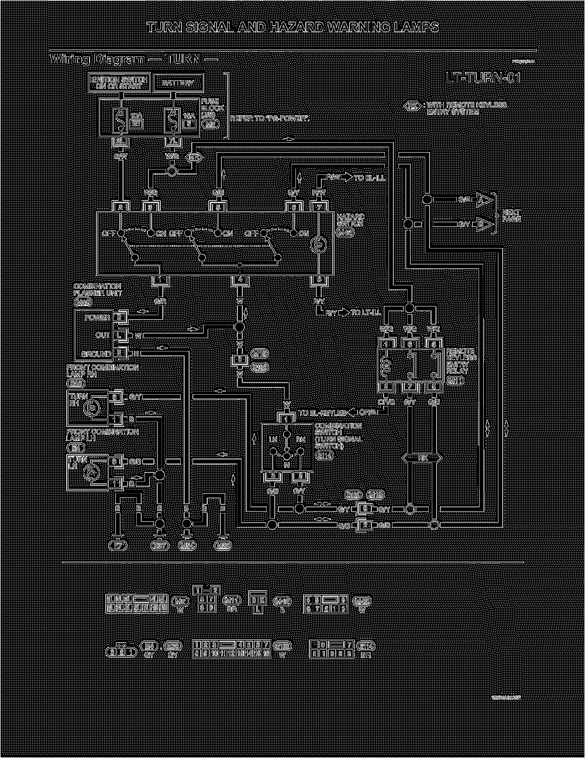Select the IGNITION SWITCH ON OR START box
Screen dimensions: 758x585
tap(119, 83)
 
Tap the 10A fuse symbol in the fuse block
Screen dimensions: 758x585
tap(121, 120)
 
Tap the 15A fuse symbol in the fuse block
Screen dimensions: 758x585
tap(173, 120)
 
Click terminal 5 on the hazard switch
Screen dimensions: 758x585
tap(218, 206)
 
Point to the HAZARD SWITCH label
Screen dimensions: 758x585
tap(350, 220)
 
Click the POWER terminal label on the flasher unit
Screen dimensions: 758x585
tap(97, 318)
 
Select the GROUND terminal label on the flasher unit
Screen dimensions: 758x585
tap(97, 354)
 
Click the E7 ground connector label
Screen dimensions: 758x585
tap(119, 546)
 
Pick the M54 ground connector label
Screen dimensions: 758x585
tap(187, 546)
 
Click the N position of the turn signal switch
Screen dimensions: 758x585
tap(287, 464)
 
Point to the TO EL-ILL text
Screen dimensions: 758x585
tap(370, 177)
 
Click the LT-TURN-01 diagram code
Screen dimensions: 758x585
tap(483, 78)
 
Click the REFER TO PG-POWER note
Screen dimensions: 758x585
tap(269, 118)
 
